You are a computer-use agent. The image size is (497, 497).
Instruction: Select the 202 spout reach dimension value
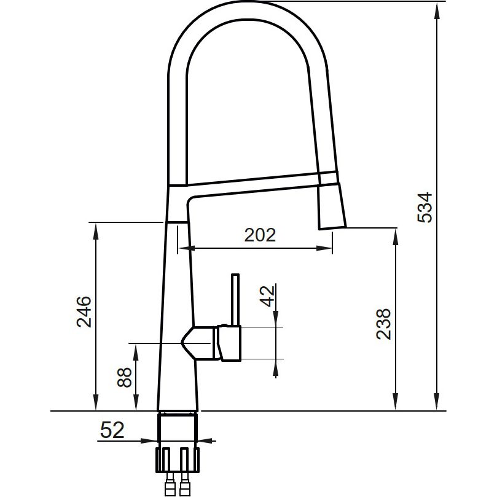coord(260,235)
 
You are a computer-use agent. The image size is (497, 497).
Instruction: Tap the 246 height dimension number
coord(84,311)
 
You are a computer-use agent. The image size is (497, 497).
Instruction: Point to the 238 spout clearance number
coord(382,323)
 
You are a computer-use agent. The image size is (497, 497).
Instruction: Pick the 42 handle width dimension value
coord(267,295)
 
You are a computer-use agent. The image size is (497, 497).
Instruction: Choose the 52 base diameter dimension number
coord(112,430)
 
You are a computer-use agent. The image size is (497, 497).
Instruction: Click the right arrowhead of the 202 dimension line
coord(326,249)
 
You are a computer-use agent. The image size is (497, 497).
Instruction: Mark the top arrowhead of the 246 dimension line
coord(96,229)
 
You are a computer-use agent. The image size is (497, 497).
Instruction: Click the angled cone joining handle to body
coord(195,342)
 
